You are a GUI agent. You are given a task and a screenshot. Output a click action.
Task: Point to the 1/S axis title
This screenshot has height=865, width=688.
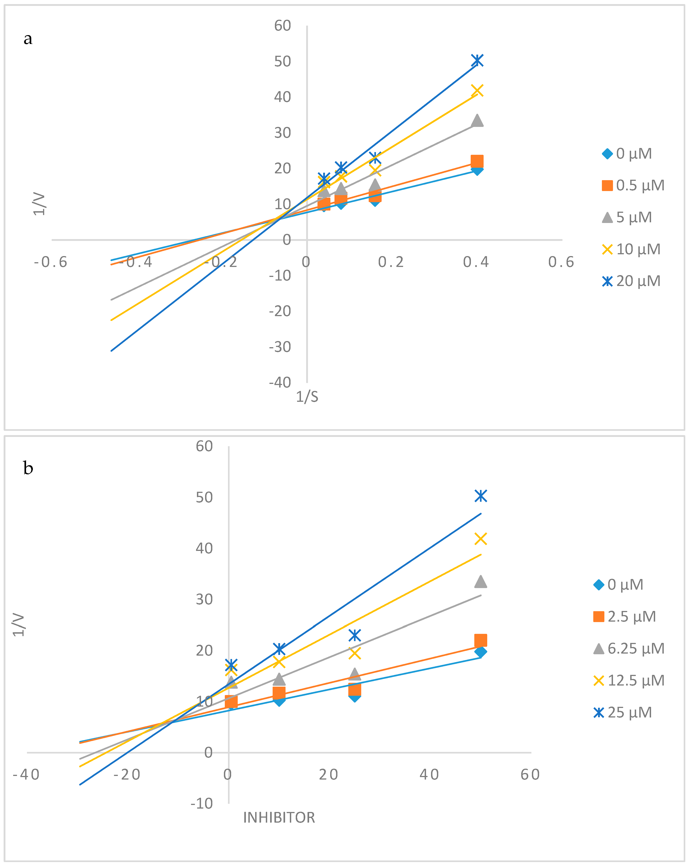pyautogui.click(x=307, y=397)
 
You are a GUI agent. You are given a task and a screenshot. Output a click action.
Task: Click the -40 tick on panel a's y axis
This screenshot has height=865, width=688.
pyautogui.click(x=280, y=382)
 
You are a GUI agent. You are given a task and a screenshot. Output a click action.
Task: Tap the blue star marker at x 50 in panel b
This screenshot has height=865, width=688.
pyautogui.click(x=481, y=496)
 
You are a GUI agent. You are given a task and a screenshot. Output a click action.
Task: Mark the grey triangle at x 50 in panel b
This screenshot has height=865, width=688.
pyautogui.click(x=481, y=581)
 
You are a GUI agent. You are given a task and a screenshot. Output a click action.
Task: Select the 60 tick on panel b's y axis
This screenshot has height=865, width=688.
pyautogui.click(x=204, y=446)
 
